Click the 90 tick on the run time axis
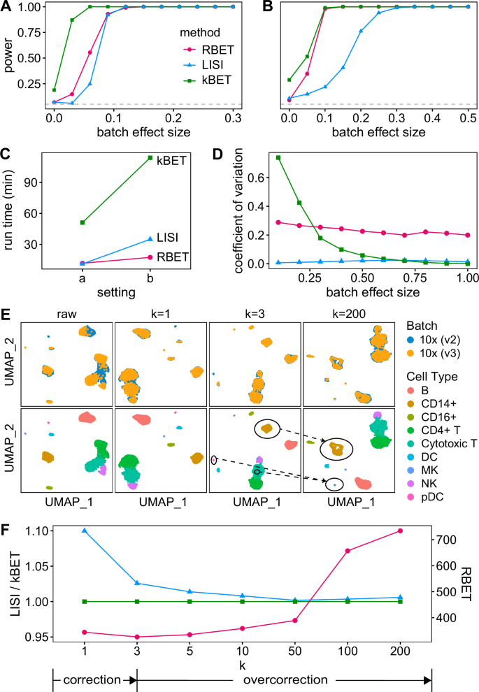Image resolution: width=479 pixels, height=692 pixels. point(34,182)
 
